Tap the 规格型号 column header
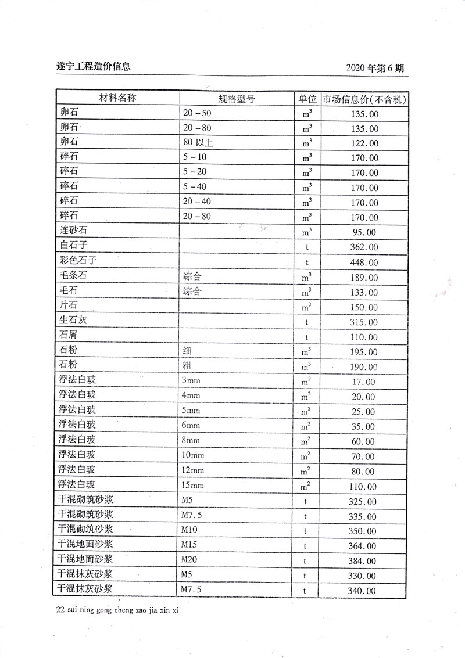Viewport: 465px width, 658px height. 237,99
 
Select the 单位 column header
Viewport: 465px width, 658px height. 307,99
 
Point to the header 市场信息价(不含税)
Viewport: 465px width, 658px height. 363,99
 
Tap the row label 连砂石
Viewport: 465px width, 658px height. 74,231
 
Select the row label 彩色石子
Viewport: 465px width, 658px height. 78,261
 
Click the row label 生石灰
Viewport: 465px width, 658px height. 74,320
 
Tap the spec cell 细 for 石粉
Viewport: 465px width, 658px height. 187,351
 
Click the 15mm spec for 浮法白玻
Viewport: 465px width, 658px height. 193,485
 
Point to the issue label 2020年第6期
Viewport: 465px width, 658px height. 374,69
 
